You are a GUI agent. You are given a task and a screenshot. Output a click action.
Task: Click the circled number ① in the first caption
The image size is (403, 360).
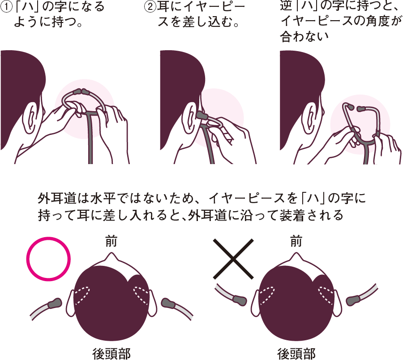pyautogui.click(x=6, y=6)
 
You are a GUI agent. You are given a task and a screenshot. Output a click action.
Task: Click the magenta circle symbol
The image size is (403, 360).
pyautogui.click(x=48, y=259)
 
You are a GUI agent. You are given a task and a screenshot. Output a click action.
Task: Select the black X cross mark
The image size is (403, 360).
pyautogui.click(x=233, y=259)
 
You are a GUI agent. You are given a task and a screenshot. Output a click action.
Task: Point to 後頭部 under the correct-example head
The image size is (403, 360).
pyautogui.click(x=111, y=354)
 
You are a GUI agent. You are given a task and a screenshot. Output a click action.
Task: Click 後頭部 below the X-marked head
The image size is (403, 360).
pyautogui.click(x=296, y=354)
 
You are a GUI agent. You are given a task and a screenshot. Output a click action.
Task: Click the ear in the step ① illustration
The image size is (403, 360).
pyautogui.click(x=31, y=118)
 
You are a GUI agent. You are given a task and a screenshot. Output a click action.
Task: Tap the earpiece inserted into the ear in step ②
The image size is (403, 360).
pyautogui.click(x=202, y=115)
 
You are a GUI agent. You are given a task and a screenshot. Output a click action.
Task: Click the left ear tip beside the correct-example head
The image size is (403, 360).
pyautogui.click(x=55, y=303)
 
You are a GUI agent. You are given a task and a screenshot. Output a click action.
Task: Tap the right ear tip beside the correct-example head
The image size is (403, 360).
pyautogui.click(x=168, y=303)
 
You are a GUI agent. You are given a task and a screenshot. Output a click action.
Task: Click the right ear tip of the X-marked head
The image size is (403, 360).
pyautogui.click(x=354, y=300)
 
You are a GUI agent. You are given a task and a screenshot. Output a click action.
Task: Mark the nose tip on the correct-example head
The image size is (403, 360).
pyautogui.click(x=111, y=253)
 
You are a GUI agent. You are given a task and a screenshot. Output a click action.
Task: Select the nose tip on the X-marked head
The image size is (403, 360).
pyautogui.click(x=296, y=253)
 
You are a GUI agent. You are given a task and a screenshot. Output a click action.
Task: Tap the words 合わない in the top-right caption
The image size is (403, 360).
pyautogui.click(x=304, y=36)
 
